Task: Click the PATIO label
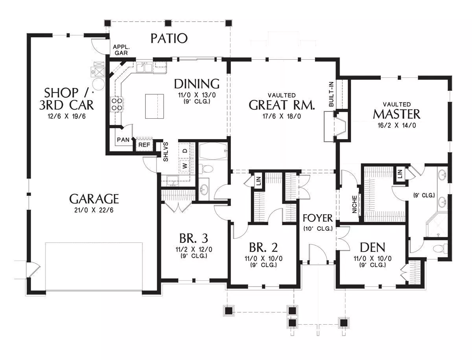pos(169,39)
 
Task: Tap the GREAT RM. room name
pos(282,105)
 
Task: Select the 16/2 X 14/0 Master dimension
pos(397,125)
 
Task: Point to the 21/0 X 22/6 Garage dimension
pos(94,210)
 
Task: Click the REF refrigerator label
pos(144,145)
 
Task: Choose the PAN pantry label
pos(123,140)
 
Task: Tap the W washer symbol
pos(184,165)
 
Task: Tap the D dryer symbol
pos(184,151)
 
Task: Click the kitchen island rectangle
pos(155,106)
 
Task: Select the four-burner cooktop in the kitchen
pos(117,104)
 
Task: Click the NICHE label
pos(354,204)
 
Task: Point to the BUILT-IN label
pos(331,94)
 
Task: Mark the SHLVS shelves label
pos(166,152)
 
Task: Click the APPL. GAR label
pos(121,50)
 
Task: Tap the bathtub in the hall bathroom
pos(213,151)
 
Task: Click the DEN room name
pos(372,248)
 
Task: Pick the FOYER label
pos(317,218)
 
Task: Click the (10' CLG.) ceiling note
pos(318,229)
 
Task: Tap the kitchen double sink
pos(144,67)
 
